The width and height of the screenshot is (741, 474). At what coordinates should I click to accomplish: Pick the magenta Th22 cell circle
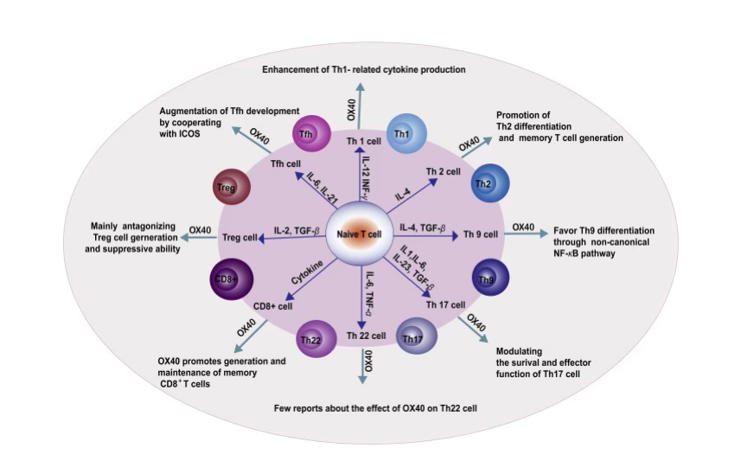click(311, 338)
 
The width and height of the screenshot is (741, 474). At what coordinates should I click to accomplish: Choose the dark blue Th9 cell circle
click(489, 279)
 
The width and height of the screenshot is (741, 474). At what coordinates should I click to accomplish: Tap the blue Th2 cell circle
click(490, 183)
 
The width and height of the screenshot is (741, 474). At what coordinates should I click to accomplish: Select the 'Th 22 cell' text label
click(367, 335)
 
